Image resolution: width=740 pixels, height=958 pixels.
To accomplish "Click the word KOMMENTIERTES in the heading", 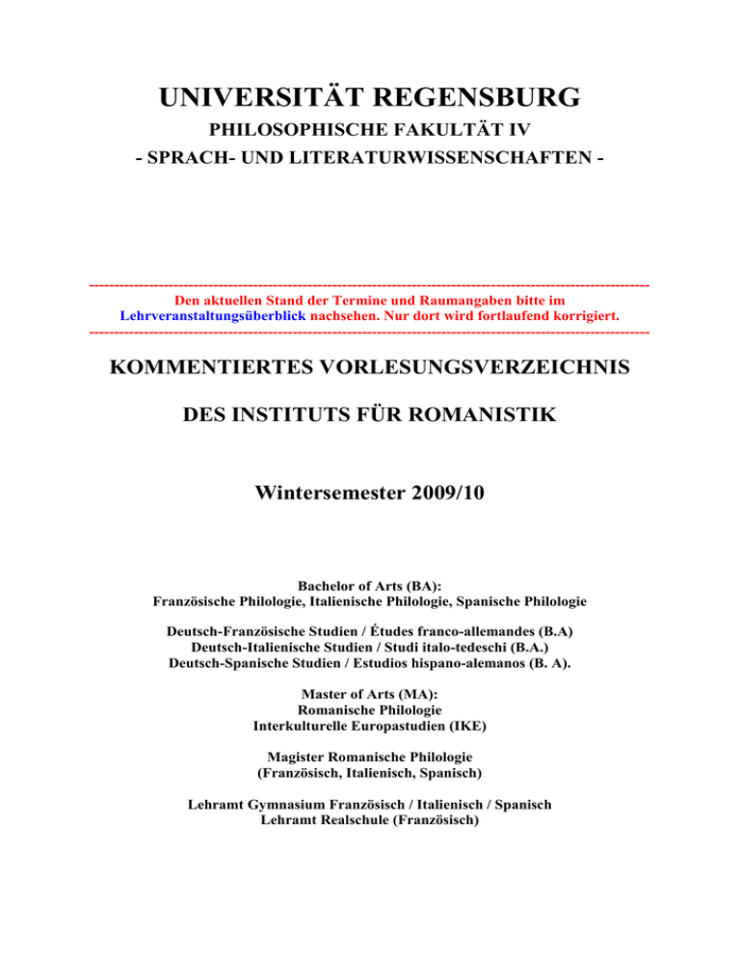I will pos(229,369).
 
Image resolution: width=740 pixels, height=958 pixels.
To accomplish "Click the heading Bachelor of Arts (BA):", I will pos(369,586).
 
